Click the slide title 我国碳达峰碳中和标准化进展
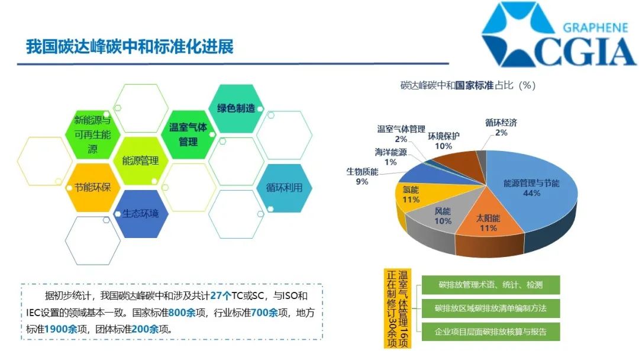point(130,47)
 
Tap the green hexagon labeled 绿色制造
point(235,108)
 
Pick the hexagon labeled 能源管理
point(140,160)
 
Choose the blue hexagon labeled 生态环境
point(140,214)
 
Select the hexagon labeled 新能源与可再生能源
point(93,134)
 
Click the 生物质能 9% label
point(363,176)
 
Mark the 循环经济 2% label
point(501,127)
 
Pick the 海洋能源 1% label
point(391,157)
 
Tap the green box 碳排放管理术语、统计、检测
point(490,285)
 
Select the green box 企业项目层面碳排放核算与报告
point(490,331)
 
